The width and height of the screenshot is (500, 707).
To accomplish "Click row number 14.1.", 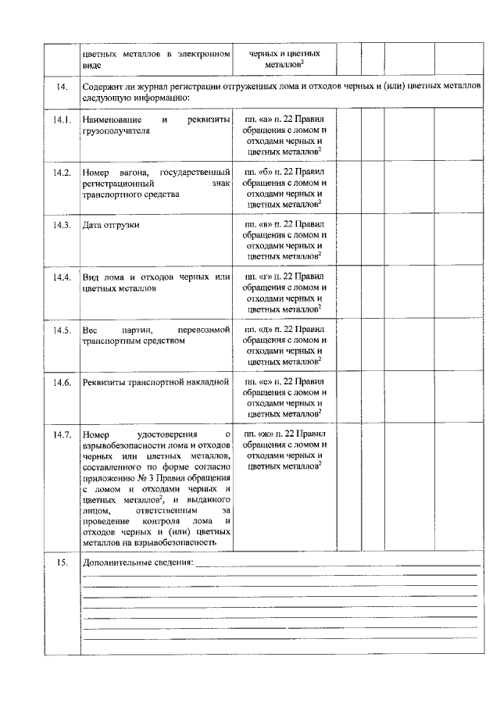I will click(62, 120).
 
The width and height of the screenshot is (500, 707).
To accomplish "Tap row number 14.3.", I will click(62, 225).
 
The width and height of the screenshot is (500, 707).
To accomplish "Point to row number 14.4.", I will click(62, 277).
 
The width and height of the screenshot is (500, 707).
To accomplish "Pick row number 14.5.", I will click(62, 330).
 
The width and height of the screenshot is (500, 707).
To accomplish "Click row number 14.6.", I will click(62, 383).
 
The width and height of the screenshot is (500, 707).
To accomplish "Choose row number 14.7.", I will click(62, 435).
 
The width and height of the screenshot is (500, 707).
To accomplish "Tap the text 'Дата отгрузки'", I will click(111, 225).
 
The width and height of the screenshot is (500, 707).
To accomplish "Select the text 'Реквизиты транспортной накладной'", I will click(156, 383).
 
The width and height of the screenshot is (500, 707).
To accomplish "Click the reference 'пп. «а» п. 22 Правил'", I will click(284, 120).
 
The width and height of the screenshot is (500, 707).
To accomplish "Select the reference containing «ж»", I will click(284, 434).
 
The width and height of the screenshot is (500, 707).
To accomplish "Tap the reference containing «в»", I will click(284, 224).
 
